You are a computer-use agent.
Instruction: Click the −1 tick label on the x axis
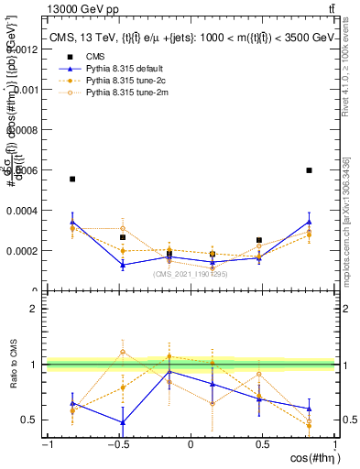[x=46, y=445]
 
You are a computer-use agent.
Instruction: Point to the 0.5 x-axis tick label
[x=262, y=445]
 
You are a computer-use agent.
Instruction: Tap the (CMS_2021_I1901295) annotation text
[x=191, y=274]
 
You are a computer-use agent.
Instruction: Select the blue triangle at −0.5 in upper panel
[x=123, y=265]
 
